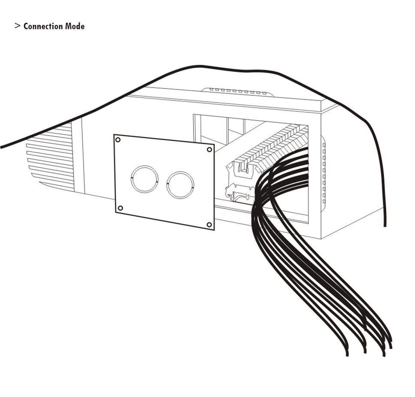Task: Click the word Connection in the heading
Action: tap(43, 26)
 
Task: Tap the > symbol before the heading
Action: tap(18, 26)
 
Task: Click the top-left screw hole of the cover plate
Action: tap(118, 139)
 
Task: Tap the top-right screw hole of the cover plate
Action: tap(209, 149)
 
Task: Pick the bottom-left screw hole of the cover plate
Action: tap(120, 208)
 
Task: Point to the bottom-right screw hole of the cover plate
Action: tap(209, 225)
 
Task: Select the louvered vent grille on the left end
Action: tap(50, 157)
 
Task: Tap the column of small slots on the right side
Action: tap(324, 173)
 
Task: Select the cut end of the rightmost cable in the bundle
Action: tap(391, 347)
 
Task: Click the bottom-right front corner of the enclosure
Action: tap(321, 239)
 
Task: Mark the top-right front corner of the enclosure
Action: tap(321, 112)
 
